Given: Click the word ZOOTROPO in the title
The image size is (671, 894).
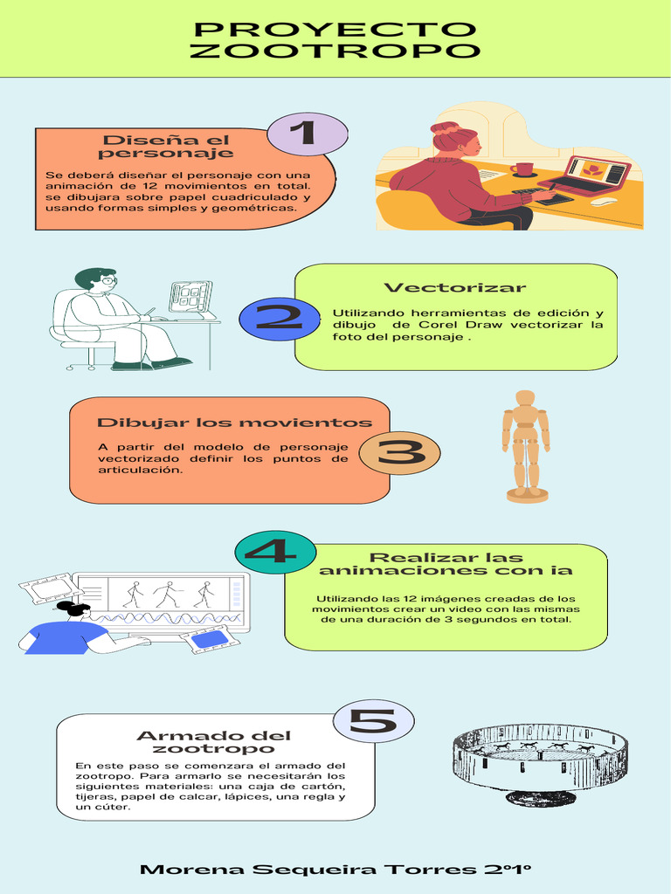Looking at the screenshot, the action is coord(335,51).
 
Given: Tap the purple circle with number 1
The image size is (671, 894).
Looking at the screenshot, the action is coord(307,134).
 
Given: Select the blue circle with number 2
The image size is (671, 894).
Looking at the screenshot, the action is coord(280,320).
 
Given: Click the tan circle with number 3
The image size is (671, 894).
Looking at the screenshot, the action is coord(399,453).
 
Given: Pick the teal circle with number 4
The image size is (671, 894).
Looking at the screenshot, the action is coord(275,553).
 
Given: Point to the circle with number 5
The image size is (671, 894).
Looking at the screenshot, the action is coord(373,721).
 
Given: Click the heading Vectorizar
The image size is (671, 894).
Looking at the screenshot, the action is coord(454,287).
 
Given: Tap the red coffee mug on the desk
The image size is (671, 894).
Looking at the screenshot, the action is coord(522,168).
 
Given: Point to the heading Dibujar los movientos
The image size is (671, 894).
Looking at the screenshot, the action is coord(234,423).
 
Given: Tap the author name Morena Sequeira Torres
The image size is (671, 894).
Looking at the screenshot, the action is coord(308,870).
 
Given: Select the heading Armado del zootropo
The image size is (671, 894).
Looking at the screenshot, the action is coord(213,742).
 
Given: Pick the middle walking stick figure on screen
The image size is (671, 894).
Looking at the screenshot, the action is coord(167,595).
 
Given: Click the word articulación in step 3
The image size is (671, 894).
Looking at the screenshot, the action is coord(140,471).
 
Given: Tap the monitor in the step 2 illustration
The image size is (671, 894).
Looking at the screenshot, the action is coord(190,297).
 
